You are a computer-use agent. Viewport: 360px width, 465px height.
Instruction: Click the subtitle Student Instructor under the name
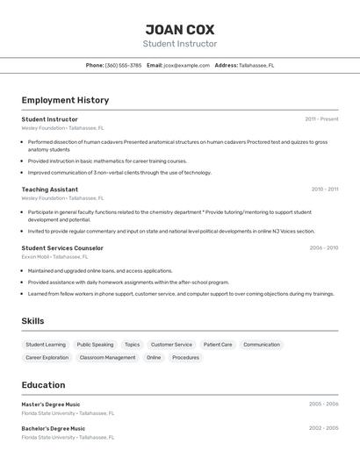pyautogui.click(x=179, y=44)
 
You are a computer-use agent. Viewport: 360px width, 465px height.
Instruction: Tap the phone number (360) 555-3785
pyautogui.click(x=123, y=65)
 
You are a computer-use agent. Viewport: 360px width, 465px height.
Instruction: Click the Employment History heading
pyautogui.click(x=65, y=100)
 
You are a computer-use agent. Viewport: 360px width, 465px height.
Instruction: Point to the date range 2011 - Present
pyautogui.click(x=321, y=119)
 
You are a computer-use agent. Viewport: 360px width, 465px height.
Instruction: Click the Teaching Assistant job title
pyautogui.click(x=49, y=190)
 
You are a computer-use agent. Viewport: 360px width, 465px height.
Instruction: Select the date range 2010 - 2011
pyautogui.click(x=324, y=190)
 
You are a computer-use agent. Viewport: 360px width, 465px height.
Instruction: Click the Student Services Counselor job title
pyautogui.click(x=62, y=248)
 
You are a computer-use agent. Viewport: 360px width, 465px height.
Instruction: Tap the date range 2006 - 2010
pyautogui.click(x=323, y=248)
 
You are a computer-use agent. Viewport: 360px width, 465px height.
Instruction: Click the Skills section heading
pyautogui.click(x=32, y=321)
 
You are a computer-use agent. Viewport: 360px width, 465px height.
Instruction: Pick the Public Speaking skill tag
pyautogui.click(x=95, y=345)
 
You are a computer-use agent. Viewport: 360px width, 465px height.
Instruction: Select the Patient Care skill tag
pyautogui.click(x=218, y=345)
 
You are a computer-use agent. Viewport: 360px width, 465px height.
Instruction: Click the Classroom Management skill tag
pyautogui.click(x=107, y=358)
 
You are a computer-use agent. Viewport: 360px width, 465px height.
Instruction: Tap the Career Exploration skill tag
pyautogui.click(x=47, y=358)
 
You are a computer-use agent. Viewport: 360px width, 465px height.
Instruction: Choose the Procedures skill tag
pyautogui.click(x=185, y=358)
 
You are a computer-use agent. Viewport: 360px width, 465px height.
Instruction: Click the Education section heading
pyautogui.click(x=43, y=385)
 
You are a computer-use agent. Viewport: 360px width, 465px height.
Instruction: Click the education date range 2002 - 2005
pyautogui.click(x=323, y=429)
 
